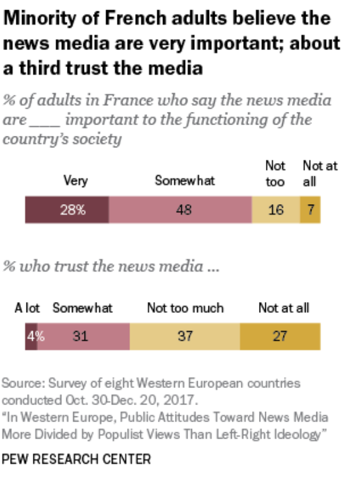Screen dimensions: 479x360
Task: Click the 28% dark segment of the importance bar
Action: (67, 210)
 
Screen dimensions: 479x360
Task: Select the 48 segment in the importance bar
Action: (180, 210)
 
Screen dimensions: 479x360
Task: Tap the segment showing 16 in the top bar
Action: (275, 210)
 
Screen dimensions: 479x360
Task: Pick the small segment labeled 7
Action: (310, 210)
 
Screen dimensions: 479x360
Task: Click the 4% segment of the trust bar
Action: (31, 336)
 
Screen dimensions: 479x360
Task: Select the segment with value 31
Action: (83, 336)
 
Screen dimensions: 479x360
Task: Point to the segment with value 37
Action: (184, 336)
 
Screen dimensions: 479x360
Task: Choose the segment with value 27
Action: (280, 336)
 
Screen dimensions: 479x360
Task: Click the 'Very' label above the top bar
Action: (75, 181)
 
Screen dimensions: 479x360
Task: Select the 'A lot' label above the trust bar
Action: (27, 308)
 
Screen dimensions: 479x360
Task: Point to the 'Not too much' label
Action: (185, 308)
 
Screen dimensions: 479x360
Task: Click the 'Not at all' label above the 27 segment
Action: (284, 308)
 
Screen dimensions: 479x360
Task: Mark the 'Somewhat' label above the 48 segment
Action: (184, 181)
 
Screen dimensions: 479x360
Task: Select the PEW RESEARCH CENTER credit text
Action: (76, 459)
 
